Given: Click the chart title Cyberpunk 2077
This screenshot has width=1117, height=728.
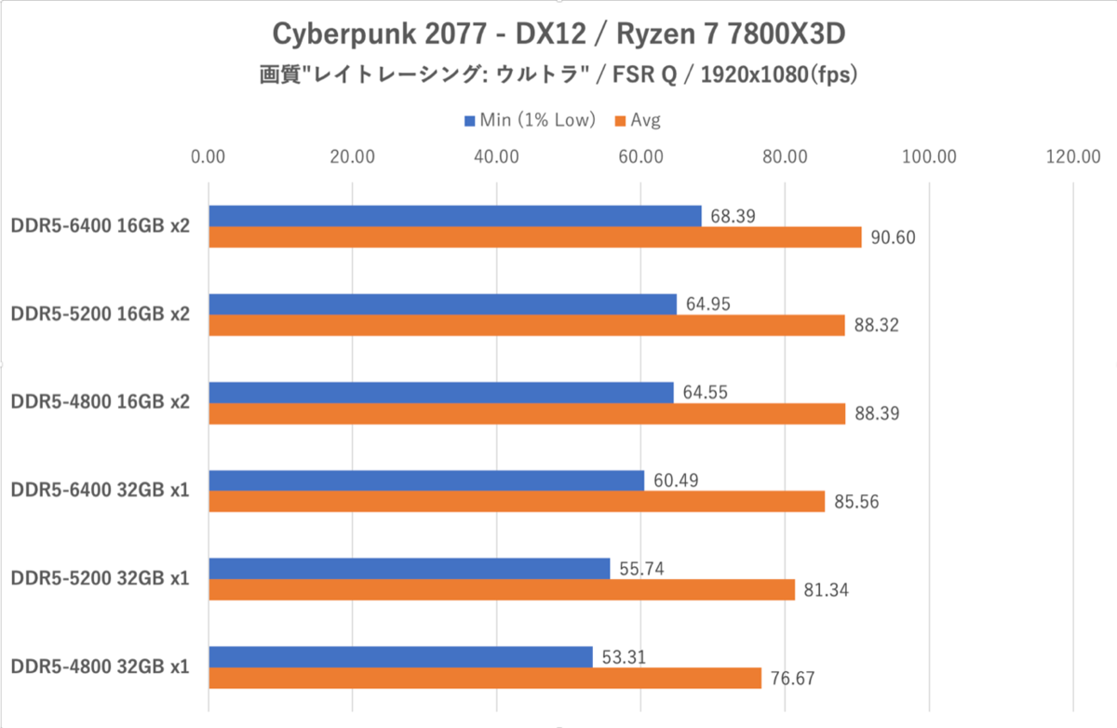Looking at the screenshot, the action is pos(379,34).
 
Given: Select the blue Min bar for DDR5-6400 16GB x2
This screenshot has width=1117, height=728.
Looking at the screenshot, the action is pos(455,216).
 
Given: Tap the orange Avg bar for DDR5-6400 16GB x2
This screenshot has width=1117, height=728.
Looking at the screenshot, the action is pos(535,237).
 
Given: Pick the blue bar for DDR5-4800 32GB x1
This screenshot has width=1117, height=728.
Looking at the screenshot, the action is pos(401,656).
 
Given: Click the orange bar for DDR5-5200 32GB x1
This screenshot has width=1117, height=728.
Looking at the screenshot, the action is pos(502,590).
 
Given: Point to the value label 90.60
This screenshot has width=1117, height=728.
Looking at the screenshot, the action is pos(893,237).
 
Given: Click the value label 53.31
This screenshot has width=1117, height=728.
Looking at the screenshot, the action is pos(624,657).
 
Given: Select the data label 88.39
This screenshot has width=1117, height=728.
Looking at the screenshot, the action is pos(877,413).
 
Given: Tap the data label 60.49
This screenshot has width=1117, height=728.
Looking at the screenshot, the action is pos(676,480).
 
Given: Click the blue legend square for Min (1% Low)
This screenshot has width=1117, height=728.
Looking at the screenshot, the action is pos(469,121).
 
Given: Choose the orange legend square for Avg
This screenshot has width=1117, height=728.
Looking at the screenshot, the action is pos(620,121).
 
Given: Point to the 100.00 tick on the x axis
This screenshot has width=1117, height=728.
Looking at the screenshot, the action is pos(929,157).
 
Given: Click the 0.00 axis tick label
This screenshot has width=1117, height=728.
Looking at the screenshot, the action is pos(208,157).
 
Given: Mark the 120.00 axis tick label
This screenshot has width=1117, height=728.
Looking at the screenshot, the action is pos(1073,157).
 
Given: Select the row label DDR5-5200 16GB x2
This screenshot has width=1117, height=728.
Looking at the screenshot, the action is pos(101,314).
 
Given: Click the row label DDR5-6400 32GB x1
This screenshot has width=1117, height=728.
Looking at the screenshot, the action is pos(101,491).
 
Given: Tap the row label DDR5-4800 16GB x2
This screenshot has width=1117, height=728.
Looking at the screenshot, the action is pos(101,402).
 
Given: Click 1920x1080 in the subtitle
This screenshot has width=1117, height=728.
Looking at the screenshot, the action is pos(755,75).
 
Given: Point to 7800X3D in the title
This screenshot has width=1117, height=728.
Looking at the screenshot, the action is pos(786,34).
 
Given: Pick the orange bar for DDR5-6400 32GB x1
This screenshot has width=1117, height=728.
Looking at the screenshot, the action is pos(517,502).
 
